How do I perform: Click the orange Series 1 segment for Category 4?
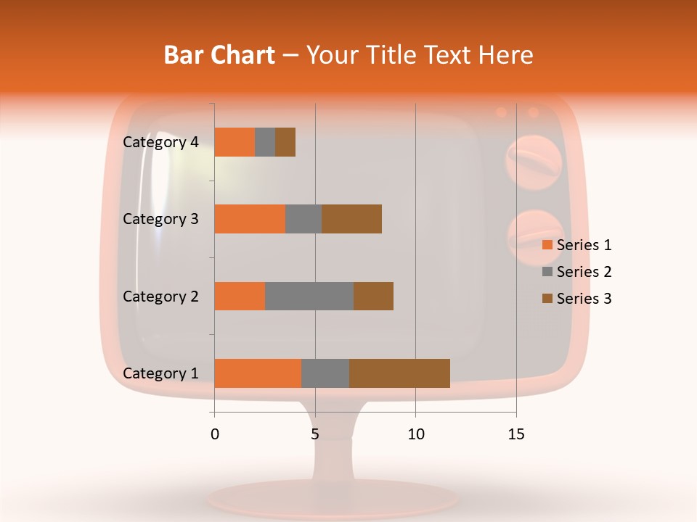point(235,142)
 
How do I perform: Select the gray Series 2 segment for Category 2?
point(309,296)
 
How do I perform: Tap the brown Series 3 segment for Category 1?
point(399,373)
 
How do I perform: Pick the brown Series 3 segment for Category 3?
point(351,219)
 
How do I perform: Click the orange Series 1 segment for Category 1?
point(258,373)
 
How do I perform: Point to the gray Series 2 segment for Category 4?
point(265,142)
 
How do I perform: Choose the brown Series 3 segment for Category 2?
point(373,296)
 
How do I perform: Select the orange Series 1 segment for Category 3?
point(250,219)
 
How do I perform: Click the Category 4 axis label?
point(160,142)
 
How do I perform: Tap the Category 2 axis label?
point(160,296)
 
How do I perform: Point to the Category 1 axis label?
point(160,373)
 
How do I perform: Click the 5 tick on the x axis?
point(315,434)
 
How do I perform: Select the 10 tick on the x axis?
point(415,434)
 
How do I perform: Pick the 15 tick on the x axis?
point(516,434)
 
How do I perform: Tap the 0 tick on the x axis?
point(215,434)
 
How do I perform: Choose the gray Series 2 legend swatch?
point(547,272)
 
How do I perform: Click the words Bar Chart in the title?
point(219,55)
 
